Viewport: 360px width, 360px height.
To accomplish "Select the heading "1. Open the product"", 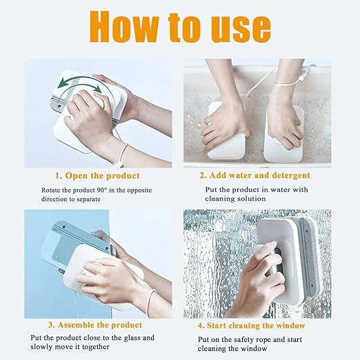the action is pyautogui.click(x=97, y=176).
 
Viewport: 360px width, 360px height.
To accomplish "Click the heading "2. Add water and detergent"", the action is pyautogui.click(x=254, y=176).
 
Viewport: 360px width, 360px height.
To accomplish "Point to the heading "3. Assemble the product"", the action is pyautogui.click(x=95, y=325).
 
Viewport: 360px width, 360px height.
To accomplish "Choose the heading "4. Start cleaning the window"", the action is pyautogui.click(x=252, y=326).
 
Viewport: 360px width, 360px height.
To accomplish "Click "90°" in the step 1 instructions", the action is pyautogui.click(x=101, y=190).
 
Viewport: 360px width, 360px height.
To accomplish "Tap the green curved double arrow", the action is pyautogui.click(x=79, y=83).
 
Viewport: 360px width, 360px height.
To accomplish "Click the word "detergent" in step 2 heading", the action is pyautogui.click(x=291, y=176).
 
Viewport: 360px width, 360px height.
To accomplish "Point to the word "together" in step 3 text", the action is pyautogui.click(x=96, y=347).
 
